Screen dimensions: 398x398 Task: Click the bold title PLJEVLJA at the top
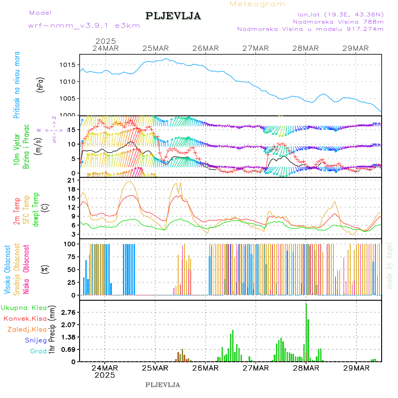click(x=173, y=16)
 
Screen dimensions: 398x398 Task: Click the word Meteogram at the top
click(x=257, y=4)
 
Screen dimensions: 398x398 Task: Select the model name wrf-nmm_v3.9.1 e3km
click(x=84, y=26)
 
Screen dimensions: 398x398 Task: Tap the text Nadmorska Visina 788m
click(x=338, y=21)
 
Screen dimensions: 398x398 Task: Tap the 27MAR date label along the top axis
click(x=256, y=48)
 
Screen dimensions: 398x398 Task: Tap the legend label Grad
click(x=38, y=351)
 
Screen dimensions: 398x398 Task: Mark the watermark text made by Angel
click(x=390, y=265)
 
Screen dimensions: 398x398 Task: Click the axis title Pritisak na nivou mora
click(x=17, y=84)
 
